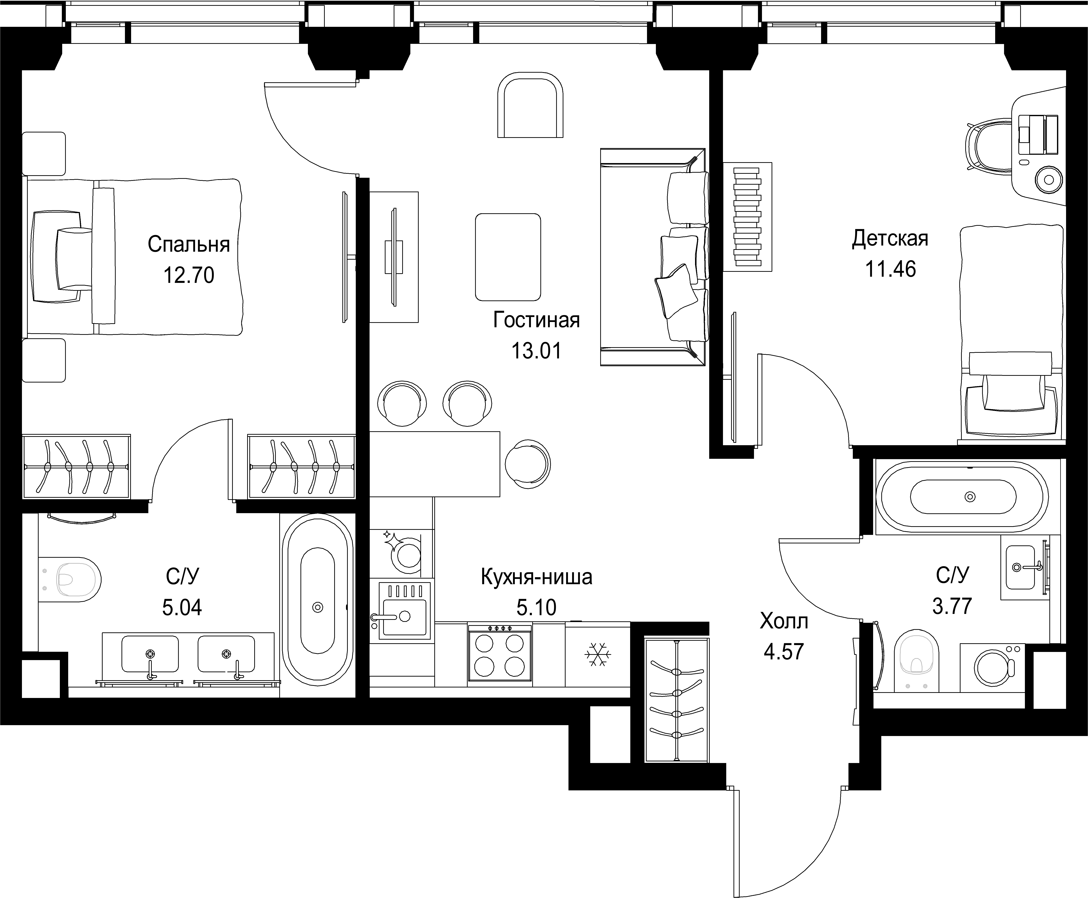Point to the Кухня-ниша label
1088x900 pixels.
536,576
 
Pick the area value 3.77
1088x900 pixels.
952,605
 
